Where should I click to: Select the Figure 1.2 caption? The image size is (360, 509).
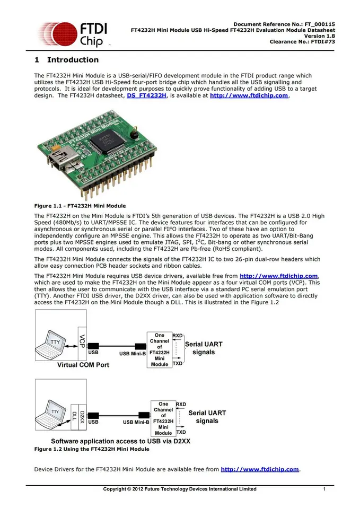91,449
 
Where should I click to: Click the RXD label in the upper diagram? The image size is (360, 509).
178,336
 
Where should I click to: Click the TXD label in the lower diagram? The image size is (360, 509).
181,433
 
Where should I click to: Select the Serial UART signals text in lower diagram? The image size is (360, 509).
207,417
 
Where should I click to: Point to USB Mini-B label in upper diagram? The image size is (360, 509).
133,353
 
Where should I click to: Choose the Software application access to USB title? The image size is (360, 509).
120,441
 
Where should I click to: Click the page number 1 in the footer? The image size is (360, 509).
323,489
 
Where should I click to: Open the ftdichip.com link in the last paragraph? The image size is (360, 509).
260,469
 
